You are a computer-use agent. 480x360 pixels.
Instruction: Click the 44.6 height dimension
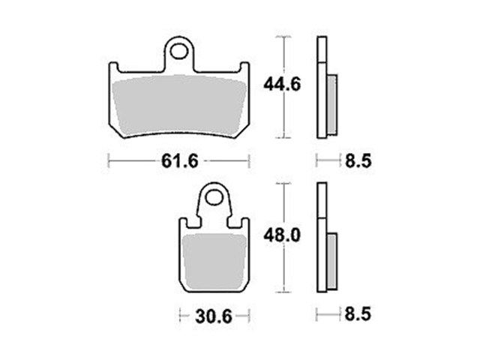(x=282, y=85)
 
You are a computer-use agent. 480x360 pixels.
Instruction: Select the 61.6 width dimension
(x=180, y=160)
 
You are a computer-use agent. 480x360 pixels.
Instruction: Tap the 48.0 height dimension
(x=282, y=235)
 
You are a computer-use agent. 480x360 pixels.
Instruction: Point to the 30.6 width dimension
(x=214, y=316)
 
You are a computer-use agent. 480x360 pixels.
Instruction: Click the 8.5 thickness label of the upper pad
(x=358, y=160)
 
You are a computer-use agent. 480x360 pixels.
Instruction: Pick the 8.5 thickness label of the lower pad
(x=358, y=314)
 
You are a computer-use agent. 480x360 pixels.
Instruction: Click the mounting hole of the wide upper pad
(x=179, y=51)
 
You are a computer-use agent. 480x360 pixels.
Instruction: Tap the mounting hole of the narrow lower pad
(x=213, y=198)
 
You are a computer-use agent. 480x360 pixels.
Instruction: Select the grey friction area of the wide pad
(x=179, y=105)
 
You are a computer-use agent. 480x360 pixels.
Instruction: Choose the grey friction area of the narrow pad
(x=214, y=261)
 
